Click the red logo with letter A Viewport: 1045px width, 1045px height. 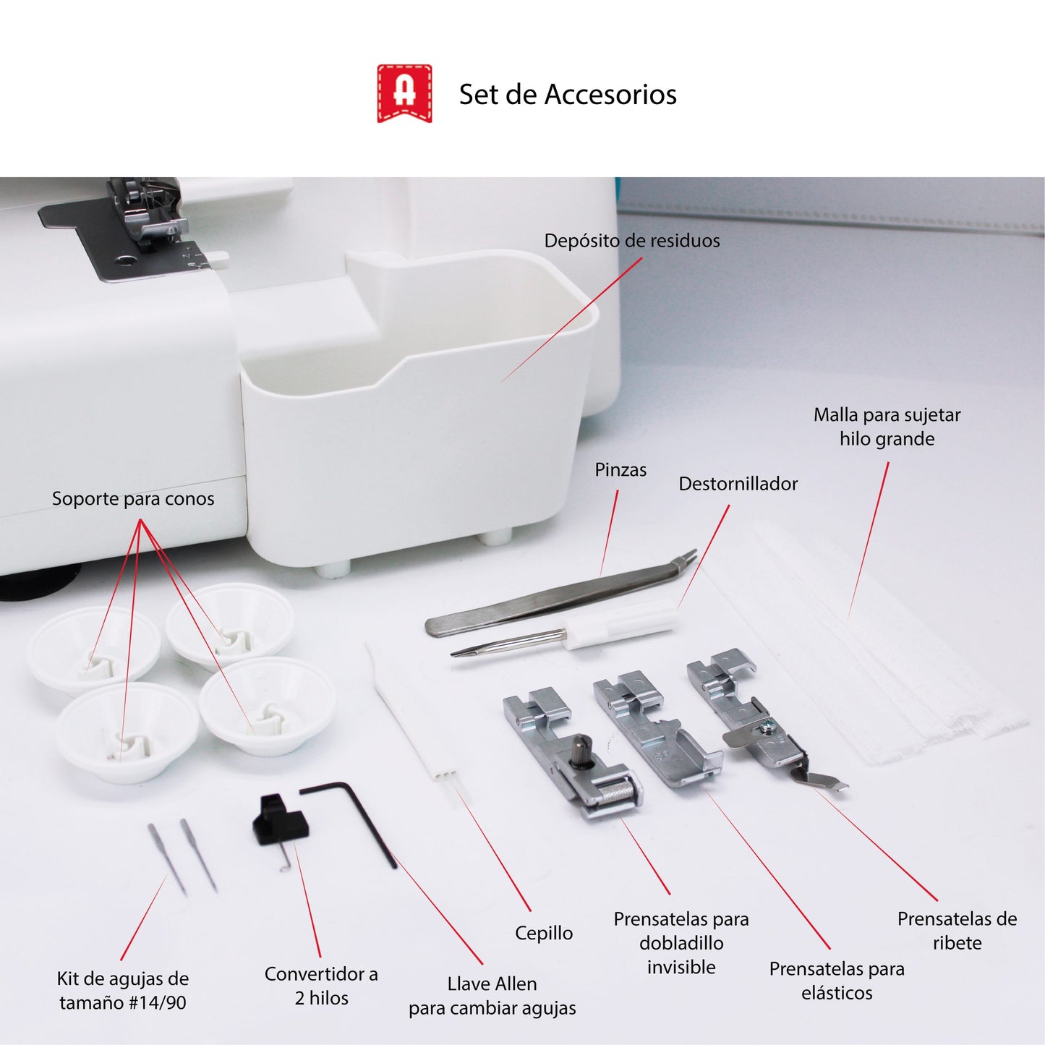point(404,93)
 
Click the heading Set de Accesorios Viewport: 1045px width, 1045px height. point(568,95)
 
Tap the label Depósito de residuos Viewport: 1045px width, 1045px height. point(631,241)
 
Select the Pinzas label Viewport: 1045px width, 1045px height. point(620,470)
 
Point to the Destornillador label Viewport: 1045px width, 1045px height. point(738,484)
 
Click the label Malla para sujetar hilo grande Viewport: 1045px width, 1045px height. point(887,427)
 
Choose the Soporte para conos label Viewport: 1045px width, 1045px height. point(133,499)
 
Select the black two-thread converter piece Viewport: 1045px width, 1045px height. point(279,822)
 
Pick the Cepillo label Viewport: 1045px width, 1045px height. point(543,934)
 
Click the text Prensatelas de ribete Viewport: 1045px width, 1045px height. point(956,931)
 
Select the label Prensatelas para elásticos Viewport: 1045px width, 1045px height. point(837,981)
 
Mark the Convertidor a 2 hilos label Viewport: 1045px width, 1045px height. point(321,986)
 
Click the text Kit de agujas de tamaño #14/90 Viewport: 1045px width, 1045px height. point(123,991)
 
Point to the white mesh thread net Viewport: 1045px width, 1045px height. point(868,651)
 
